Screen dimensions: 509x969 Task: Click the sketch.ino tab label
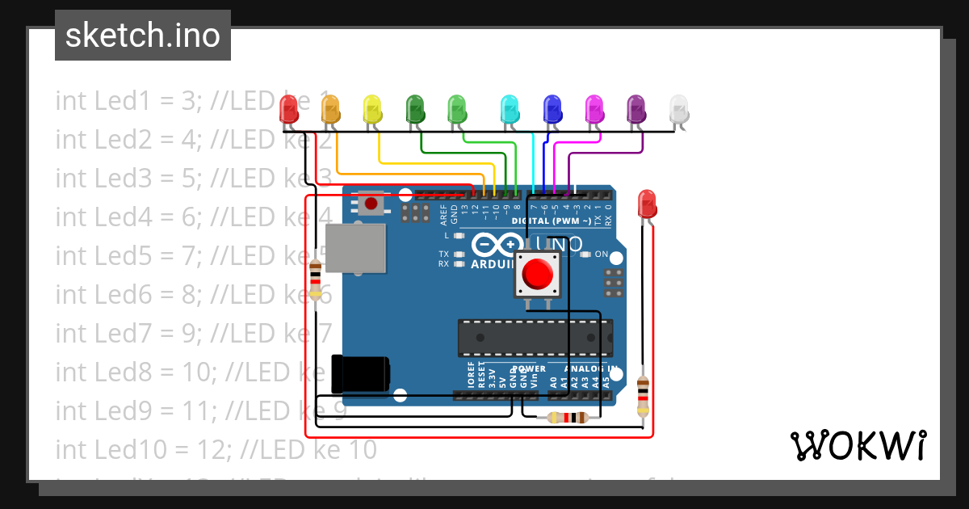143,36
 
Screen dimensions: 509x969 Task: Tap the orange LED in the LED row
330,109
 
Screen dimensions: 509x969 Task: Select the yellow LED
372,109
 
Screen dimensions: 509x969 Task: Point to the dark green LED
415,109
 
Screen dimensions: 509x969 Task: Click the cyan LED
510,109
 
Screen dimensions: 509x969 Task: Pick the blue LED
552,109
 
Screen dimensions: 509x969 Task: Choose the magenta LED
594,109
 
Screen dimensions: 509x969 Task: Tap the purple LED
636,109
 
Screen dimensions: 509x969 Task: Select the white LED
679,109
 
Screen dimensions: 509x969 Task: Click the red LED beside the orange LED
288,109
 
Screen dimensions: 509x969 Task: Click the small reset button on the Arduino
371,203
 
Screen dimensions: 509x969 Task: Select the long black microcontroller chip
535,338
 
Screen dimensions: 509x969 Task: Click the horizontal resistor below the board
567,418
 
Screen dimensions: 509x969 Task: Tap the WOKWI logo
858,445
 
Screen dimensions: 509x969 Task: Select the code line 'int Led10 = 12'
216,449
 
